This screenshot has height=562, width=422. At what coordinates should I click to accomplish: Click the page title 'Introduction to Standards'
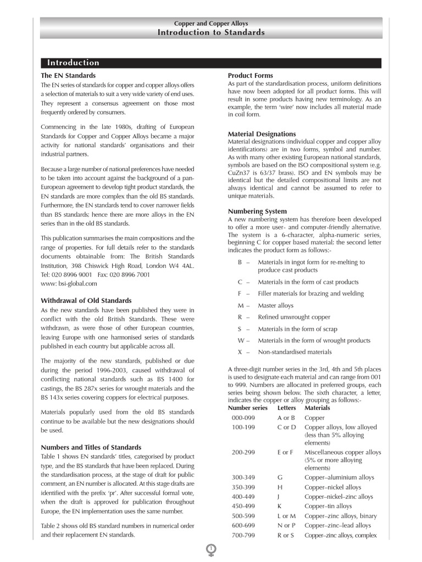point(211,32)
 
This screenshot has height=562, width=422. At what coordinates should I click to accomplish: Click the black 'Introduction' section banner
point(211,63)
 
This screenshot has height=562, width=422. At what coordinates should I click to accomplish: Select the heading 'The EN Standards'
point(68,75)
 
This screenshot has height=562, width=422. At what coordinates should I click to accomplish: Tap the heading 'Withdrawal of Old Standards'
point(86,300)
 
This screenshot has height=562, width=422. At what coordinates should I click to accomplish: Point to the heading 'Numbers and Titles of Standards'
point(91,447)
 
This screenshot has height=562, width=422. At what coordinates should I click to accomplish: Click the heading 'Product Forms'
point(250,75)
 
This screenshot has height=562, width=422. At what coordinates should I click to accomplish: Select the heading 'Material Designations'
point(262,134)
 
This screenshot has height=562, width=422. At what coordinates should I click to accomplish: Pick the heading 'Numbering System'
point(257,211)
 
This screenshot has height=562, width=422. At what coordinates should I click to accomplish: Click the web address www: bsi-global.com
point(69,284)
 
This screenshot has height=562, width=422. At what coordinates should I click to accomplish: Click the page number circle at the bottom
point(211,548)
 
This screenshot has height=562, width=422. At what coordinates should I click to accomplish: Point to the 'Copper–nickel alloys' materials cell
point(332,487)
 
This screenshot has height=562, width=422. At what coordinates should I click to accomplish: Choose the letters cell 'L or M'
point(286,516)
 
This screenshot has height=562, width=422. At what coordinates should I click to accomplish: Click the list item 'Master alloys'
point(275,305)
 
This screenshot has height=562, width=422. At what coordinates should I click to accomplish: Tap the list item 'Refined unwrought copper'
point(294,317)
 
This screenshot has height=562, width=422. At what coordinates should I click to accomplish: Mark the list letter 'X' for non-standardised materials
point(240,352)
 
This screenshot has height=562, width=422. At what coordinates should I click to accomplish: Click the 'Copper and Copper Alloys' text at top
point(211,24)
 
